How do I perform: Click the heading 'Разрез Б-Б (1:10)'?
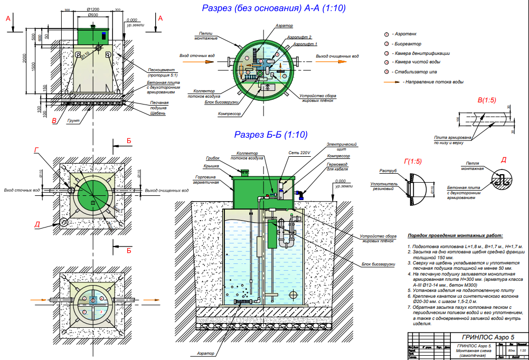click(271, 135)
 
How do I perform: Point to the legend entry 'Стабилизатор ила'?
click(415, 72)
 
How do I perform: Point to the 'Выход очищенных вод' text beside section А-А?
click(337, 55)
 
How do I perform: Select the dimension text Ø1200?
click(95, 10)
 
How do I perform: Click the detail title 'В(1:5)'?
click(486, 100)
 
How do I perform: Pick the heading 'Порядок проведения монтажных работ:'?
click(456, 236)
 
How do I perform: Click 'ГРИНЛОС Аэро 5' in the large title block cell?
click(487, 337)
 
